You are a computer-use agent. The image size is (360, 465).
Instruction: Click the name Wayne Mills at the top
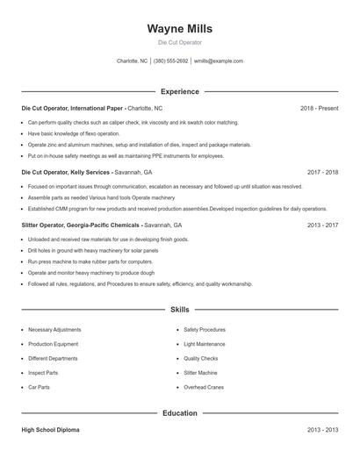pyautogui.click(x=179, y=29)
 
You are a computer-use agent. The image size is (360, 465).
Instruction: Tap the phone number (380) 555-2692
pyautogui.click(x=170, y=61)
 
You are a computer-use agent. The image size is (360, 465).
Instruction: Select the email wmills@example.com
pyautogui.click(x=218, y=61)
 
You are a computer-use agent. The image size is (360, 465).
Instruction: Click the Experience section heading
pyautogui.click(x=179, y=91)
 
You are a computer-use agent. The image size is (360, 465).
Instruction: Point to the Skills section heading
pyautogui.click(x=179, y=310)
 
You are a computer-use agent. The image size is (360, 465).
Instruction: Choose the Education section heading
pyautogui.click(x=179, y=412)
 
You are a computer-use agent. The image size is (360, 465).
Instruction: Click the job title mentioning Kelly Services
pyautogui.click(x=67, y=173)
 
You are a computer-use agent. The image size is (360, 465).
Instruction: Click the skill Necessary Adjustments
pyautogui.click(x=54, y=330)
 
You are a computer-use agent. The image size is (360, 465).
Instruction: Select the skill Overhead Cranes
pyautogui.click(x=204, y=387)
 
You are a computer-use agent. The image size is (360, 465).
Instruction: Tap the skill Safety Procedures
pyautogui.click(x=205, y=330)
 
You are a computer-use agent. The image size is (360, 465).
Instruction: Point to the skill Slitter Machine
pyautogui.click(x=201, y=373)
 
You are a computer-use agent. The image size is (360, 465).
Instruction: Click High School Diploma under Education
pyautogui.click(x=51, y=430)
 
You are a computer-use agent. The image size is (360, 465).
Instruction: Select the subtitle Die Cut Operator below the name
pyautogui.click(x=179, y=42)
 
